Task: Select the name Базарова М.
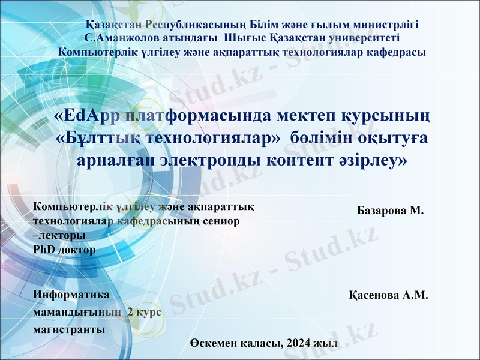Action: (x=390, y=211)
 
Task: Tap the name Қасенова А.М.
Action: (x=388, y=295)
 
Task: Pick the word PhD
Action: (x=44, y=250)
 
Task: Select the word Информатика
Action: (x=71, y=295)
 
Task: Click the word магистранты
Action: (x=69, y=329)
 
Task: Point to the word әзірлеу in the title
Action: (x=371, y=161)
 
